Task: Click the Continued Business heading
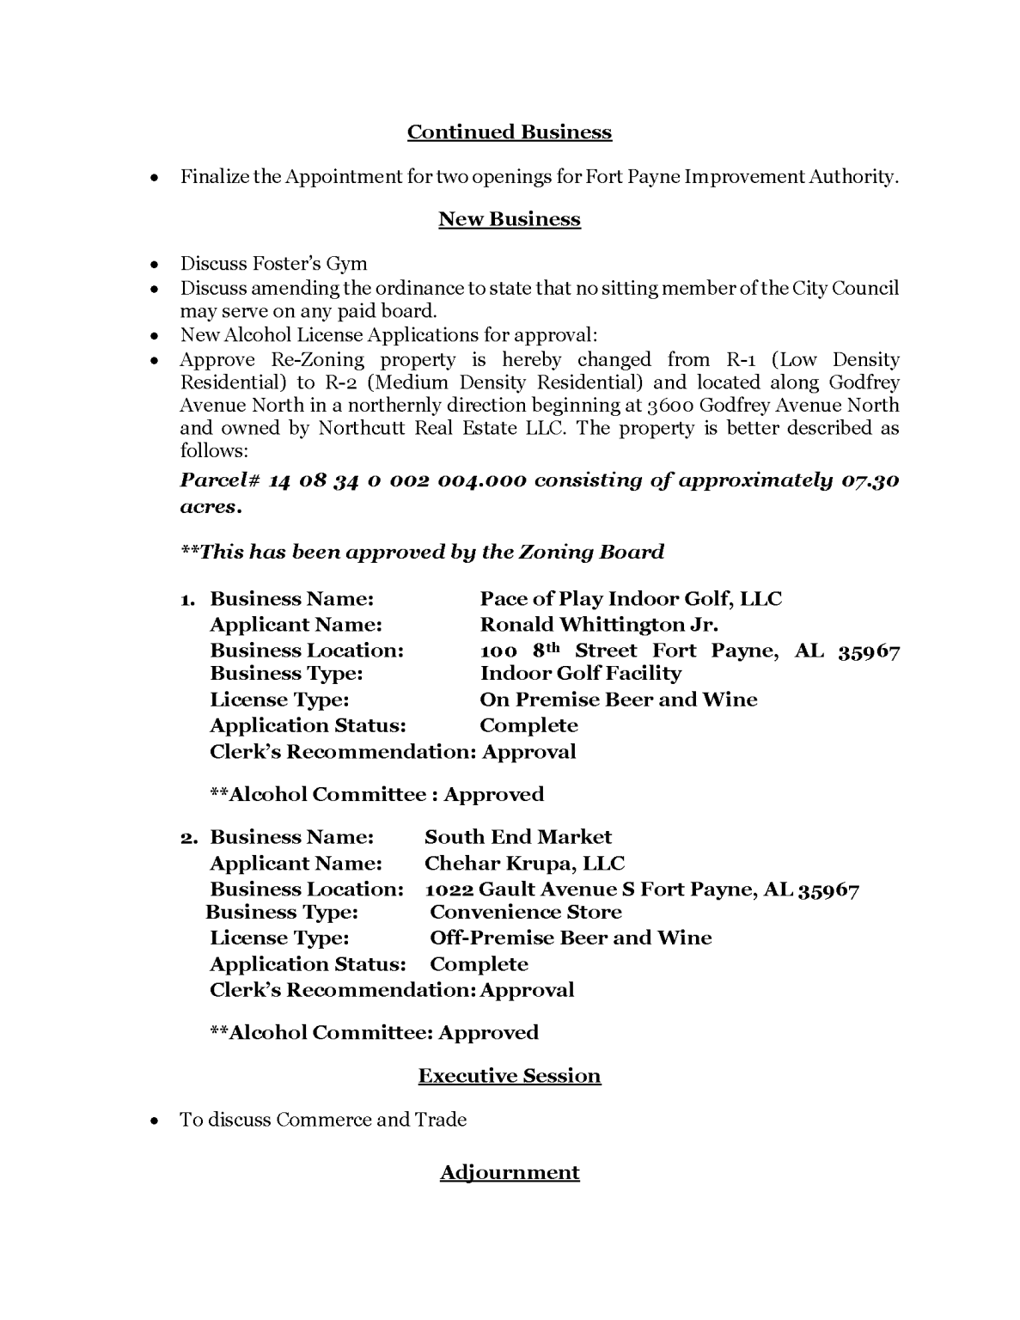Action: pos(509,132)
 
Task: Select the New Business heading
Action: pos(509,219)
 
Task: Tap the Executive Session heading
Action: pos(509,1076)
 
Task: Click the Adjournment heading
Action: pos(509,1172)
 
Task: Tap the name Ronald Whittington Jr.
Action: pos(599,625)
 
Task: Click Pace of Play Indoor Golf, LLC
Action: pos(631,599)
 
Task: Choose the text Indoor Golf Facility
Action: pos(580,674)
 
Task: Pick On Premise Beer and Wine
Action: pos(619,700)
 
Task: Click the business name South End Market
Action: pos(517,837)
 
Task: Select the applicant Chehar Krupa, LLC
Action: pos(524,863)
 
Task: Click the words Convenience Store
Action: pos(525,913)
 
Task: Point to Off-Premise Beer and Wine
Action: pos(571,938)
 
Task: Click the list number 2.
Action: pos(189,838)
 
